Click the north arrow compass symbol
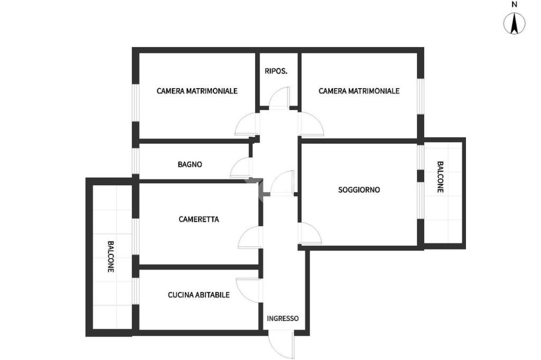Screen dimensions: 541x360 [x=514, y=24]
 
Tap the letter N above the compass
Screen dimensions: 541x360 [x=514, y=4]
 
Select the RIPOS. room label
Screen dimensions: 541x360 [x=276, y=71]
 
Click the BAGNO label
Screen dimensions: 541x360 [x=190, y=164]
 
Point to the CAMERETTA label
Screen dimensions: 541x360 [x=199, y=219]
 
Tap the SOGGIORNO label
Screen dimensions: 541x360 [x=359, y=190]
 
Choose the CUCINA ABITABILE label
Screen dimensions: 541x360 [x=199, y=295]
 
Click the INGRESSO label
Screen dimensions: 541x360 [x=283, y=318]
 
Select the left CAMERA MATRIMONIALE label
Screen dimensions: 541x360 [x=197, y=91]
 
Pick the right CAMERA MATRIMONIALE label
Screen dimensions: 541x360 [x=359, y=91]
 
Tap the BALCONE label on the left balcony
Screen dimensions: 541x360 [x=110, y=257]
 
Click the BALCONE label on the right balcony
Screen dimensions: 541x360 [x=440, y=177]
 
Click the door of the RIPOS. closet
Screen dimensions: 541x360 [x=279, y=99]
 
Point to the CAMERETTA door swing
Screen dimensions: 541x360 [x=249, y=237]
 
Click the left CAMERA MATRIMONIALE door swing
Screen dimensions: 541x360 [x=246, y=125]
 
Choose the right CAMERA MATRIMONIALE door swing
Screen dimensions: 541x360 [x=311, y=125]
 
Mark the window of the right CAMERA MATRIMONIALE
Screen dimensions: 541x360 [x=421, y=96]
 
